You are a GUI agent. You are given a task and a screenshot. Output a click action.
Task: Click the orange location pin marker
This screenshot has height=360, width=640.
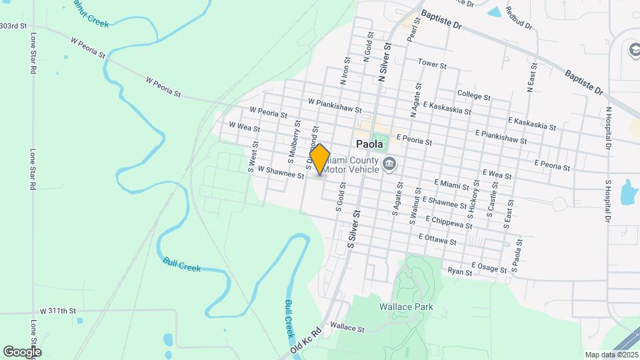click(x=320, y=159)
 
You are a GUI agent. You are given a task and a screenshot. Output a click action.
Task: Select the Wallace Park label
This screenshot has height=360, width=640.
click(x=406, y=307)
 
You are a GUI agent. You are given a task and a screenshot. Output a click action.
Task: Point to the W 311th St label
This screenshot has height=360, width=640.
click(x=58, y=311)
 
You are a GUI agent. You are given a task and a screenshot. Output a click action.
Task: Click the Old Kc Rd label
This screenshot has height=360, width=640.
click(x=306, y=339)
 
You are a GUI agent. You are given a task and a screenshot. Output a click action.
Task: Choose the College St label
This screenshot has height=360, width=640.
click(x=474, y=95)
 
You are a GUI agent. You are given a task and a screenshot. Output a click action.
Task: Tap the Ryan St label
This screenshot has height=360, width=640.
click(x=459, y=271)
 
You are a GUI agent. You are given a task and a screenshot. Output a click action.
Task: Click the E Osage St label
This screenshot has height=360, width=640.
click(x=489, y=268)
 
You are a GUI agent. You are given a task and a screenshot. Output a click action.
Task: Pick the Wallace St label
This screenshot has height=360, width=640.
click(x=347, y=328)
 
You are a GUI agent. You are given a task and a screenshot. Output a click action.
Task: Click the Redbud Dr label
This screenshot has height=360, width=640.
click(x=519, y=18)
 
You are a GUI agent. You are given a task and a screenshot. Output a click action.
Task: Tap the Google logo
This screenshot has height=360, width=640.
click(x=22, y=351)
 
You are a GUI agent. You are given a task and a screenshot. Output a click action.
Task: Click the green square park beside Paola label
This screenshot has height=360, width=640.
click(x=379, y=143)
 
